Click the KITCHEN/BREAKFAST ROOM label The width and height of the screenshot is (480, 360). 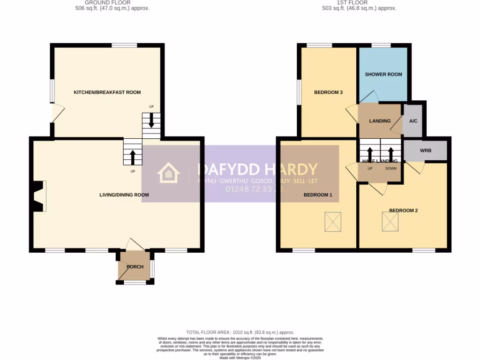coord(107,92)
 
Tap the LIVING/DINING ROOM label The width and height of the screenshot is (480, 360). coord(124,195)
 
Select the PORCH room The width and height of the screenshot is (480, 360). coord(135,267)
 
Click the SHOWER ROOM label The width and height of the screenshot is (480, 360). coord(383,75)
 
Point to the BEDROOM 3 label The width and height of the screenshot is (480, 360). coord(328,92)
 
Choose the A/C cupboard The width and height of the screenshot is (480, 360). coord(413,121)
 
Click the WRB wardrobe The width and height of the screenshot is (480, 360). coord(426,151)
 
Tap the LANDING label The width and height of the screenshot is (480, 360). coord(380,121)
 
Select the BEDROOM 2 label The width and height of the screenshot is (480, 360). coord(403,210)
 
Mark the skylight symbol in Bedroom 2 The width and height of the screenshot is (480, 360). coord(389,221)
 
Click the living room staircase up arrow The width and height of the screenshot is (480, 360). coord(133,157)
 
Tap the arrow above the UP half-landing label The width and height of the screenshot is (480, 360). coord(370,153)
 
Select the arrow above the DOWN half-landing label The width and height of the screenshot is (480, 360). coord(390,153)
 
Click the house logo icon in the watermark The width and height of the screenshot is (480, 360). coord(169,172)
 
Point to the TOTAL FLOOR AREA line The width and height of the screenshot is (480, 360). coord(240,331)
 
